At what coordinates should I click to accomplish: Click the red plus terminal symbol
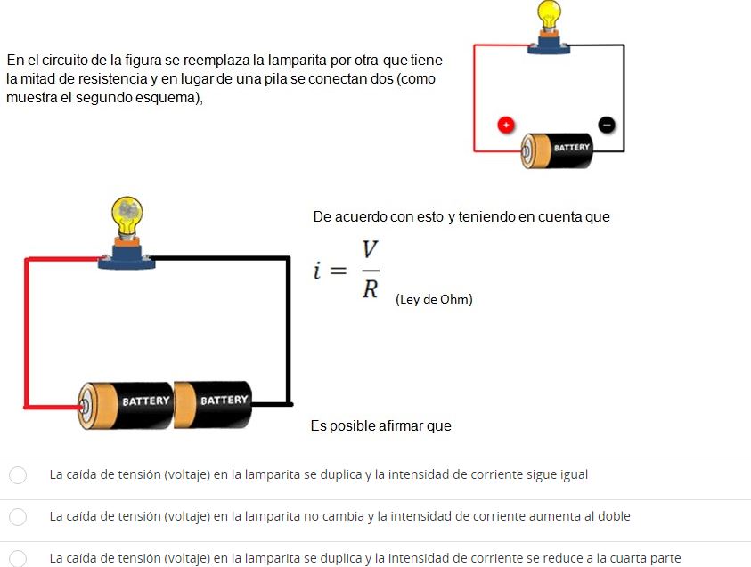pyautogui.click(x=506, y=125)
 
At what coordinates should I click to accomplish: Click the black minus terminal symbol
pyautogui.click(x=607, y=125)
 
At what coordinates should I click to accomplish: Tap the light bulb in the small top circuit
pyautogui.click(x=549, y=16)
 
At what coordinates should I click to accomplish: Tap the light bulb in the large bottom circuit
pyautogui.click(x=127, y=216)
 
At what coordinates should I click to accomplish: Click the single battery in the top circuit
pyautogui.click(x=557, y=150)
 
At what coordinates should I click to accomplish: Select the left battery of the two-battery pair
pyautogui.click(x=126, y=405)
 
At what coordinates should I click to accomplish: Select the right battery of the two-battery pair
pyautogui.click(x=213, y=404)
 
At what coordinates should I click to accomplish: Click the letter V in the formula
pyautogui.click(x=370, y=250)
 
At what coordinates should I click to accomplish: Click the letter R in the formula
pyautogui.click(x=370, y=289)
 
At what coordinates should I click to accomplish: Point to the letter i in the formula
pyautogui.click(x=317, y=270)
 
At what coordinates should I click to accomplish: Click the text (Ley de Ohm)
pyautogui.click(x=434, y=300)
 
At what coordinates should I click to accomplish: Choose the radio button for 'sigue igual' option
pyautogui.click(x=18, y=475)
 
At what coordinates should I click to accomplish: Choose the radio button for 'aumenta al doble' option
pyautogui.click(x=18, y=517)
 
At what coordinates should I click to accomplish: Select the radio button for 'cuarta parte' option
pyautogui.click(x=18, y=558)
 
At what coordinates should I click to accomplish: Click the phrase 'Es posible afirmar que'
pyautogui.click(x=380, y=425)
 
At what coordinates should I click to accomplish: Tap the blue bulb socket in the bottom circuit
pyautogui.click(x=127, y=258)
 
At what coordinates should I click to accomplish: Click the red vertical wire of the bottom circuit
pyautogui.click(x=27, y=333)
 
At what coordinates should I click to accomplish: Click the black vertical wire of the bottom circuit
pyautogui.click(x=289, y=331)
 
